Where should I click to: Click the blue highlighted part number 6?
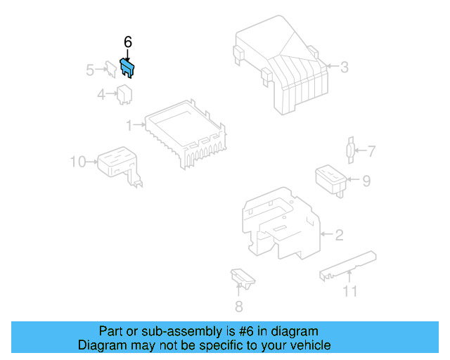(x=128, y=67)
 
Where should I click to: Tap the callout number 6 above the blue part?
(x=127, y=42)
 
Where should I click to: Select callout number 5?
(x=90, y=70)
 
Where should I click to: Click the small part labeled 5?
(x=111, y=68)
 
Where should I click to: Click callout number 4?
(x=101, y=94)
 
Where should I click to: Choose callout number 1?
(x=129, y=125)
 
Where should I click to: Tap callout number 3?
(x=345, y=67)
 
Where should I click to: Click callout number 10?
(x=77, y=162)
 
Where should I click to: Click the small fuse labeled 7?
(x=349, y=150)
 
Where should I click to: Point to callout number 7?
(x=372, y=150)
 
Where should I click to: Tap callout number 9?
(x=366, y=181)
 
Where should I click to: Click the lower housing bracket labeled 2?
(x=278, y=225)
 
